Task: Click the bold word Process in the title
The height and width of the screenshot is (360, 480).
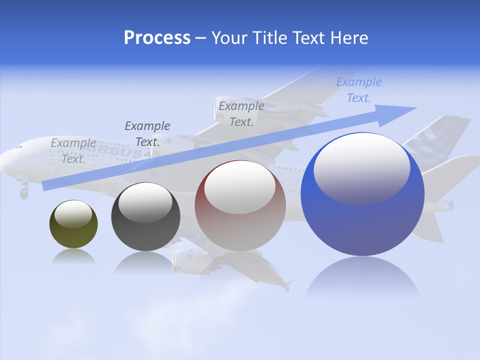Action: [157, 38]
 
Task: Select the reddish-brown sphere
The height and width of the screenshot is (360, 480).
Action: [240, 207]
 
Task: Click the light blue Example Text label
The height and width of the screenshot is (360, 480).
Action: [359, 90]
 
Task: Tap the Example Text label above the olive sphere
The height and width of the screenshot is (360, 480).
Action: [73, 150]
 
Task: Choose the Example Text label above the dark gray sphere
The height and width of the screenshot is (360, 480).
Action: [147, 133]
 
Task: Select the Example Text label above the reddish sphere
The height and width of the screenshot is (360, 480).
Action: [241, 113]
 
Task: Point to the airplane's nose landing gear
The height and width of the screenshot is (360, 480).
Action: [23, 190]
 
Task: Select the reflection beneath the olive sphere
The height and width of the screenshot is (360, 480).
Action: [73, 257]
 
